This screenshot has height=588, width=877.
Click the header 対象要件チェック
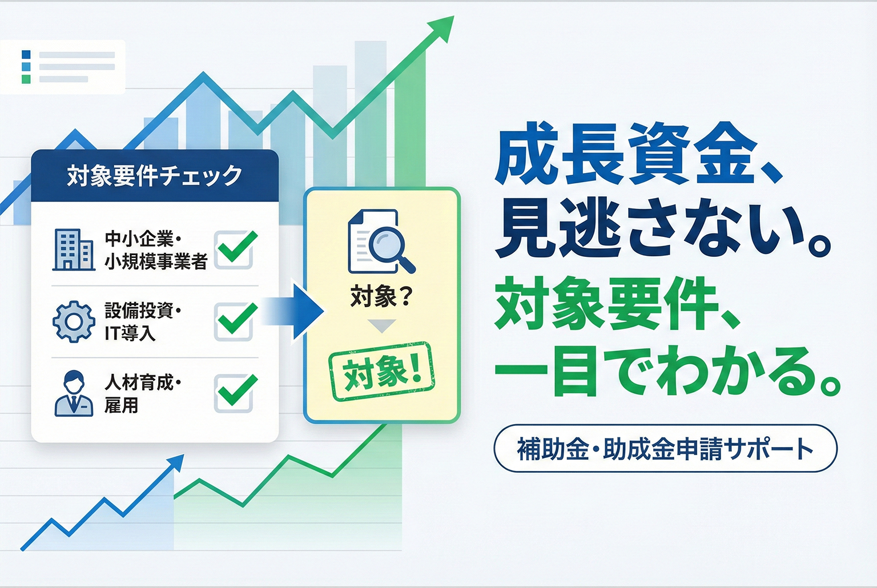(155, 175)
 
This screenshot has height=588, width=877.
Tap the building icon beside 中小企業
(73, 249)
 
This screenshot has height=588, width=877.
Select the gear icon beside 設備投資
(74, 321)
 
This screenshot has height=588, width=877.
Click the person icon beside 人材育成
(74, 393)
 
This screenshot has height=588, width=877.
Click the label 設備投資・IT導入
(142, 321)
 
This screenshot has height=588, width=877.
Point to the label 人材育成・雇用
(142, 393)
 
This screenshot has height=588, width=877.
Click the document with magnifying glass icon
(380, 241)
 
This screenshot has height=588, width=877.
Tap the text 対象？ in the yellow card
(381, 297)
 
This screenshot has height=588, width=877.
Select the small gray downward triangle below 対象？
(381, 326)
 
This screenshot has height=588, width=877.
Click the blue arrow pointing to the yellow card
(297, 311)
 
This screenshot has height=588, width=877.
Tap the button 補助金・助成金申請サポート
(665, 449)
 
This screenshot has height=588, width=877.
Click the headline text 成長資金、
(637, 154)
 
